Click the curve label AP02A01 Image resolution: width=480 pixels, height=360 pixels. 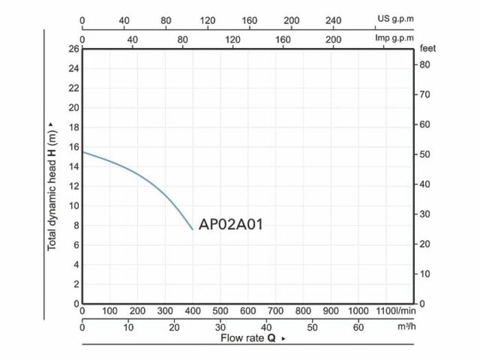pyautogui.click(x=230, y=224)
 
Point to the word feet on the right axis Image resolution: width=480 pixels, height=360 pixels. pyautogui.click(x=428, y=49)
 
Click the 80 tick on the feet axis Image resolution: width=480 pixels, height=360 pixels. pyautogui.click(x=424, y=64)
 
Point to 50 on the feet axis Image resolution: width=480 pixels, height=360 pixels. pyautogui.click(x=424, y=154)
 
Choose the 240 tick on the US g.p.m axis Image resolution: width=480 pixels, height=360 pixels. pyautogui.click(x=333, y=20)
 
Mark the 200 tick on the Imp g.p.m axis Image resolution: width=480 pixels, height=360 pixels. pyautogui.click(x=333, y=39)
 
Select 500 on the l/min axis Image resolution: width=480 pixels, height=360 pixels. pyautogui.click(x=220, y=311)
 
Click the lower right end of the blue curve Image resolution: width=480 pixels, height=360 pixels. pyautogui.click(x=193, y=230)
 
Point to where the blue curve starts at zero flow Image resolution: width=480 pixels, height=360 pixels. pyautogui.click(x=83, y=152)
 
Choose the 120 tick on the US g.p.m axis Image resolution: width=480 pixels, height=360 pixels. pyautogui.click(x=208, y=20)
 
